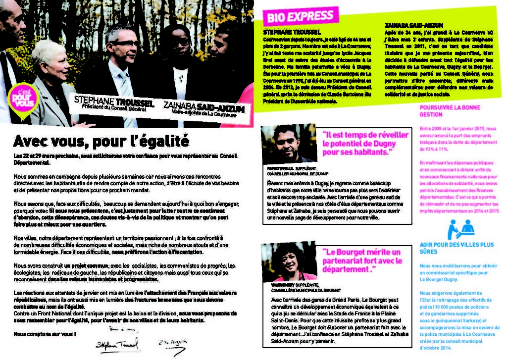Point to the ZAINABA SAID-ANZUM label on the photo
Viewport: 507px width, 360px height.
click(x=203, y=108)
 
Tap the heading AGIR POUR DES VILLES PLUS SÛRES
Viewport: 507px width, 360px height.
click(x=456, y=248)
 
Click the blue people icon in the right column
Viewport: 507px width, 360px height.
click(x=460, y=229)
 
